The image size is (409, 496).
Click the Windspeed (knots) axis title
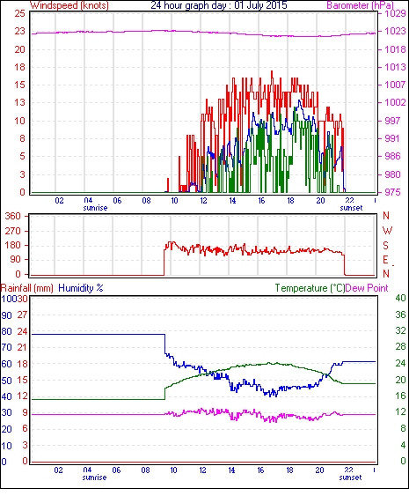pos(69,5)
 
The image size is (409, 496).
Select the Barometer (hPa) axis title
pos(360,5)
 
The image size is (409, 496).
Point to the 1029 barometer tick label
pos(395,13)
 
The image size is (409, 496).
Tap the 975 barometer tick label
pos(392,192)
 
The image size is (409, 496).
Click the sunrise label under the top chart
pos(95,208)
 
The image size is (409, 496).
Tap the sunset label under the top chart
pos(351,208)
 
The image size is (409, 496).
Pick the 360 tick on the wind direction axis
pos(12,216)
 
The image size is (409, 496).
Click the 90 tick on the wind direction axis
pos(15,259)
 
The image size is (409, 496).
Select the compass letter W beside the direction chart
pos(387,231)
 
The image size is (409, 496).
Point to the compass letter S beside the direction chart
pos(385,245)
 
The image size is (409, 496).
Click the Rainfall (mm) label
pos(27,288)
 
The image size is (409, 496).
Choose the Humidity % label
pos(81,288)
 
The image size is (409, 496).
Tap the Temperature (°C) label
pos(310,288)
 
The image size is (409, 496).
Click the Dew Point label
pos(367,288)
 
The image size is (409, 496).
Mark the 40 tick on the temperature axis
pos(400,299)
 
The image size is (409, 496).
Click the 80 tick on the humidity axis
pos(7,331)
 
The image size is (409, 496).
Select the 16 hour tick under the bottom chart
pos(260,470)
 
